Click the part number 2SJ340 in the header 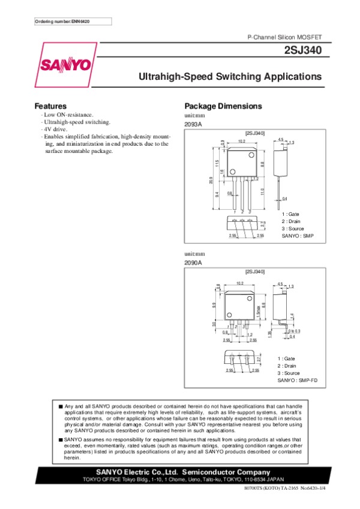point(306,52)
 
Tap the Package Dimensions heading point(223,106)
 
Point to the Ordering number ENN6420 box point(70,22)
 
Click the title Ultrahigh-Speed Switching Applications point(230,77)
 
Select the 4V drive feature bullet point(54,129)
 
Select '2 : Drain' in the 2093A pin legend point(291,221)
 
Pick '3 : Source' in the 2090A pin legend point(288,373)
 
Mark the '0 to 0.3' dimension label point(294,331)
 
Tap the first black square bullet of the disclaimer point(61,406)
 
